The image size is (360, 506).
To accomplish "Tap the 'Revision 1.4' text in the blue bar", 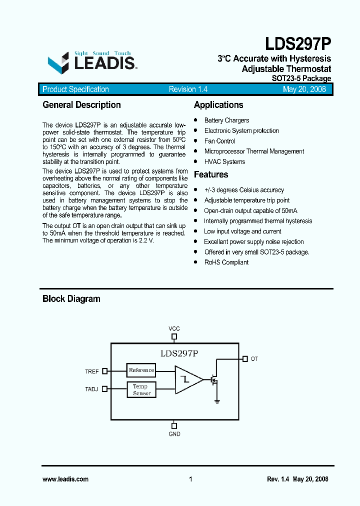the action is click(x=188, y=89).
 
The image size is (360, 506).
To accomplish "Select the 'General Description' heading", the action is click(x=81, y=105).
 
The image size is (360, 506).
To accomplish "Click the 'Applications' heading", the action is click(x=218, y=105).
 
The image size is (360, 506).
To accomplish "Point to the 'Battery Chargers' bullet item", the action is click(x=226, y=120).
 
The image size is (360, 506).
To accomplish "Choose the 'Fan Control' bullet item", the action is click(x=219, y=141).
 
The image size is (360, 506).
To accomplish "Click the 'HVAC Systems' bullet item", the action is click(x=224, y=162).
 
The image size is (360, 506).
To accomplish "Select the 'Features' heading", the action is click(x=211, y=174).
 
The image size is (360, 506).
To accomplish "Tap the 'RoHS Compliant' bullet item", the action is click(x=226, y=262).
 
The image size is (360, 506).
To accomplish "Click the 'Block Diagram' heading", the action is click(x=71, y=299).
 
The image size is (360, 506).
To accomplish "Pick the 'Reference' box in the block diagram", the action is click(x=141, y=370).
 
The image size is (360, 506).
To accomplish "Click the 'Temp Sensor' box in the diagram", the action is click(x=141, y=390).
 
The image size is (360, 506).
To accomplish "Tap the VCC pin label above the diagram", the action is click(x=174, y=328).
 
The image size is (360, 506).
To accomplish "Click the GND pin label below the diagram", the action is click(x=174, y=434).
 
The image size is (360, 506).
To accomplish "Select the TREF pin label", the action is click(x=92, y=371).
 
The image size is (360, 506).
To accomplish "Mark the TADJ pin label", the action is click(x=92, y=389).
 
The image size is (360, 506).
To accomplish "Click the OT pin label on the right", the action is click(x=254, y=359).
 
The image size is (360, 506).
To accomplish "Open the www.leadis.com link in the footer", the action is click(x=65, y=479).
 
